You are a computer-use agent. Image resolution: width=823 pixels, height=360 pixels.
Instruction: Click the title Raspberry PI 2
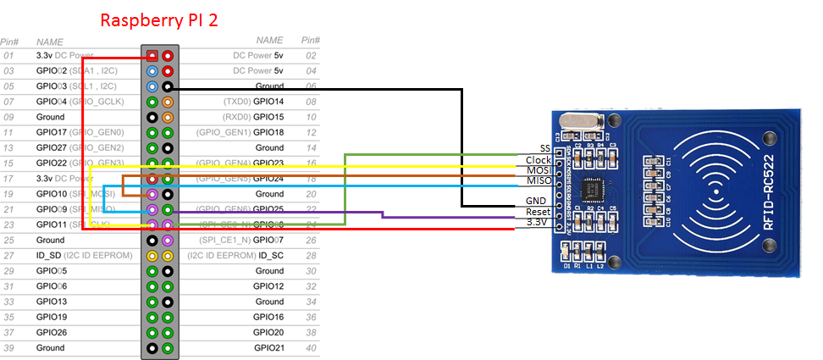[159, 20]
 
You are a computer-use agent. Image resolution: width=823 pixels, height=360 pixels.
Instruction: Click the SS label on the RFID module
[544, 149]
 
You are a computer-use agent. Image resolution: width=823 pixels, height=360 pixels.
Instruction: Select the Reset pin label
[539, 212]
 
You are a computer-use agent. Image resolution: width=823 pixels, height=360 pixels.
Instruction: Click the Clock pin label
[539, 160]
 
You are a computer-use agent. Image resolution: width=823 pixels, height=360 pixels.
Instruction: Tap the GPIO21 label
[268, 348]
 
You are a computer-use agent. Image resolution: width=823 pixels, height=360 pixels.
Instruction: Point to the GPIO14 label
[268, 102]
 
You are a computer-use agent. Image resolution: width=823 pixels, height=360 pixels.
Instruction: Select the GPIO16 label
[268, 317]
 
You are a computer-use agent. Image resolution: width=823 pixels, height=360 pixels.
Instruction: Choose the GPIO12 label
[268, 286]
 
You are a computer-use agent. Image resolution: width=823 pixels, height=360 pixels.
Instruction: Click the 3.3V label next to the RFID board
[538, 222]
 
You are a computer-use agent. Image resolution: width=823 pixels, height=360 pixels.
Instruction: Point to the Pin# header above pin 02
[310, 40]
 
